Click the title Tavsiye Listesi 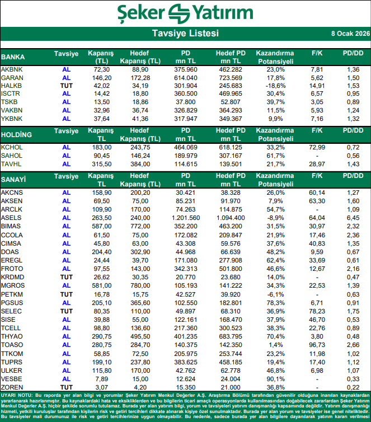pos(185,34)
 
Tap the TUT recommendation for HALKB pos(67,86)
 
